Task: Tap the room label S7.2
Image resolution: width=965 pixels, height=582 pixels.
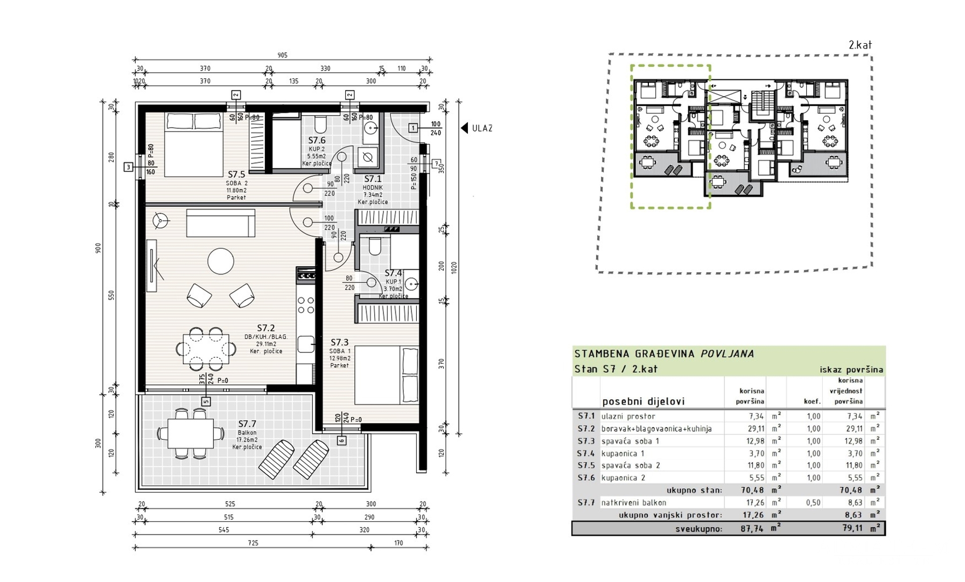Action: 265,328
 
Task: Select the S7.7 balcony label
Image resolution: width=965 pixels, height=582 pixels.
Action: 247,424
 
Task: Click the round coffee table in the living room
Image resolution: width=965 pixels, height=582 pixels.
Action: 221,261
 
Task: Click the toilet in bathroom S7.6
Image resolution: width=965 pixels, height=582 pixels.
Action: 320,124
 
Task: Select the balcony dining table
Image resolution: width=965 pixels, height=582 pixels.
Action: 191,433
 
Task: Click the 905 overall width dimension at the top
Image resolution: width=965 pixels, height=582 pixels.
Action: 282,55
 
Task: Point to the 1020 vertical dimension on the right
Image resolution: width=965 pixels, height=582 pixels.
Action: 454,267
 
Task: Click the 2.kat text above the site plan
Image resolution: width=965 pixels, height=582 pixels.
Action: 860,45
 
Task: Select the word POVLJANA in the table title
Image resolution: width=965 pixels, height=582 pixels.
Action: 727,354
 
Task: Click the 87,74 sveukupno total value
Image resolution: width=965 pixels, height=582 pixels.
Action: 752,529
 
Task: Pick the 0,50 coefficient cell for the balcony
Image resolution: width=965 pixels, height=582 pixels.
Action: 813,502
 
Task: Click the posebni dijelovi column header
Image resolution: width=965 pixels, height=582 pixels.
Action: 643,401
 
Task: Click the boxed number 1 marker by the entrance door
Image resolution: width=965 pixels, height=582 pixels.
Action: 413,128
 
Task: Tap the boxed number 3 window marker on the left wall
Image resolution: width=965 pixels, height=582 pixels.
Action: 128,167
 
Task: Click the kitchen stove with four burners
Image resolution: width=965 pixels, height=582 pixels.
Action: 306,305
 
